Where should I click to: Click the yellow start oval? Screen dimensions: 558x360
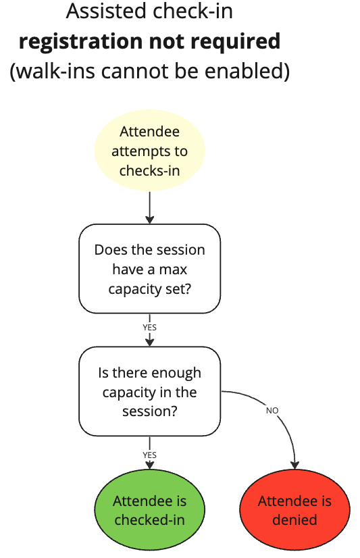pos(149,151)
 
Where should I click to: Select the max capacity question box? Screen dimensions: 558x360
pos(149,269)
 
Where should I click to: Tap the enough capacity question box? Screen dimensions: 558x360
pos(149,391)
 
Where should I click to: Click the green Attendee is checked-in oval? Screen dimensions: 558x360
pos(149,511)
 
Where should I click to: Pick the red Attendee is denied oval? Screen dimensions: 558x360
pos(294,511)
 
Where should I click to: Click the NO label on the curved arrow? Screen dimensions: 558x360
pos(272,410)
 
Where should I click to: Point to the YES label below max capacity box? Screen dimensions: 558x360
pos(149,327)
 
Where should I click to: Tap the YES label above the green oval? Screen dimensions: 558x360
pos(149,455)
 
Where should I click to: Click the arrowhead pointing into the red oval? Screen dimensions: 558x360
pos(295,464)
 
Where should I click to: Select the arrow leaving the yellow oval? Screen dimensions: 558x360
pos(149,207)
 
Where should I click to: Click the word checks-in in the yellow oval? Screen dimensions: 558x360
pos(149,170)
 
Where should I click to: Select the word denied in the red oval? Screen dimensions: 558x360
pos(294,520)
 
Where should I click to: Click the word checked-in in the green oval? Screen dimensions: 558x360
pos(149,520)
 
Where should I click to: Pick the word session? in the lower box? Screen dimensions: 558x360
pos(149,411)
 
